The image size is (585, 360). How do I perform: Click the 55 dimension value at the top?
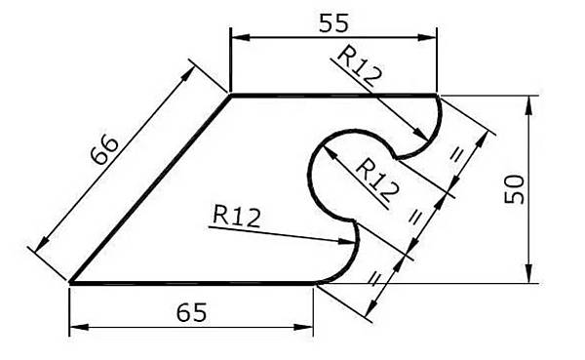tap(333, 20)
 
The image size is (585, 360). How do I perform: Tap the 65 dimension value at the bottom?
tap(191, 313)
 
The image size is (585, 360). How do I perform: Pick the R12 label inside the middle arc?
tap(375, 179)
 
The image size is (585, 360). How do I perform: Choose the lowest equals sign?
tap(373, 277)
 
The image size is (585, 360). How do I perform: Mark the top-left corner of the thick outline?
tap(230, 96)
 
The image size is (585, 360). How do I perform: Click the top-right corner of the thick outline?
tap(437, 96)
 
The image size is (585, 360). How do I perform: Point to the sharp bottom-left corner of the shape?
tap(70, 284)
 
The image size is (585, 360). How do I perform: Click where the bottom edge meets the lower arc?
tap(314, 284)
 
